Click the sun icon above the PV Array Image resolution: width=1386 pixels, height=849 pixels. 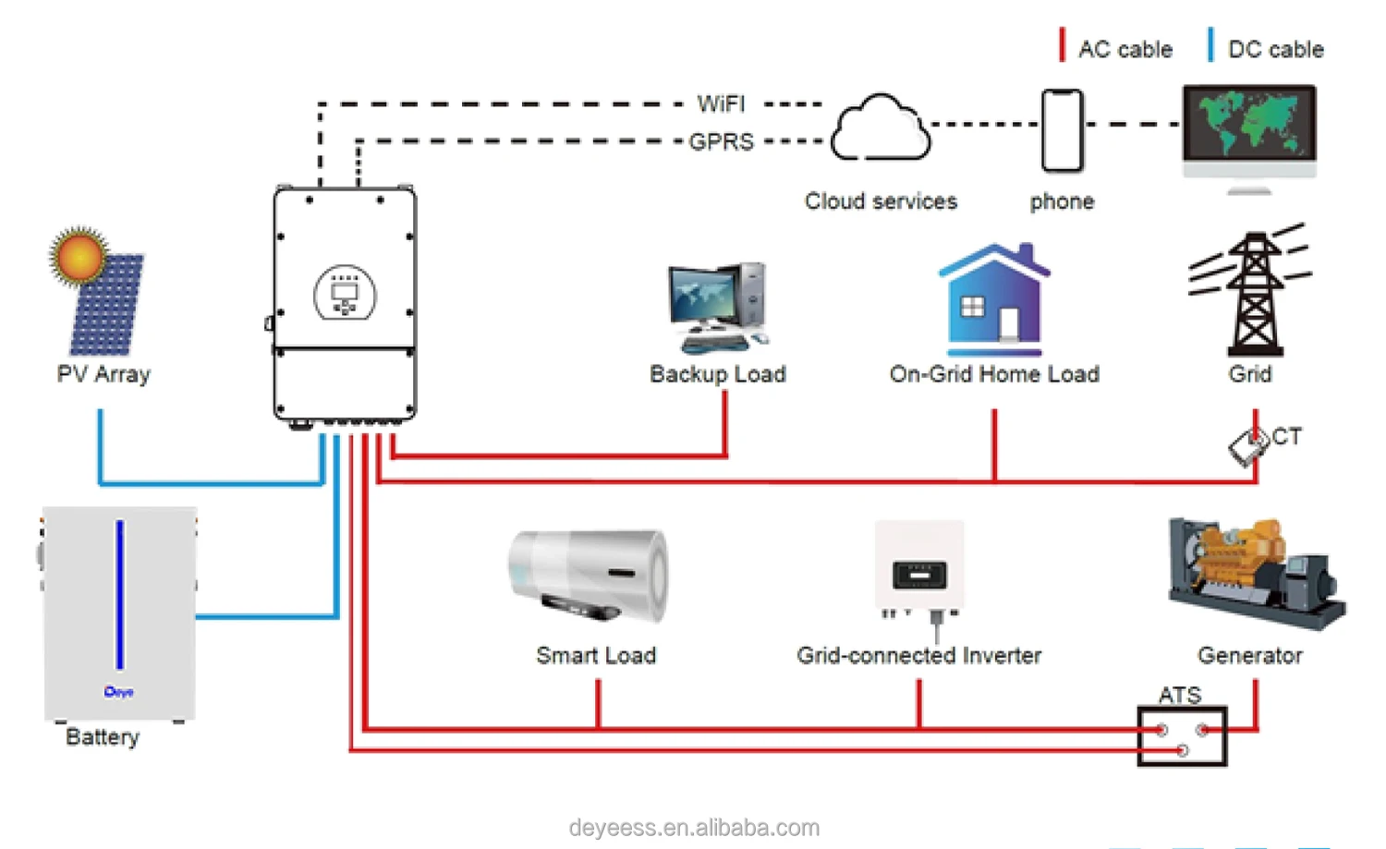79,255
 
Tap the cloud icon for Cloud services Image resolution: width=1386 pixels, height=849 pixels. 881,129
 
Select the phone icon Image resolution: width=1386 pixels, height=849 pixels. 1063,131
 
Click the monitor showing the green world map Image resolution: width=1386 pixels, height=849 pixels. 1249,124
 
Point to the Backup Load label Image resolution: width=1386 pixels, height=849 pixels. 717,374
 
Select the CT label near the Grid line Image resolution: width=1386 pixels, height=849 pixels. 1286,437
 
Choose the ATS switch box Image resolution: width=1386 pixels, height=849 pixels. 1182,736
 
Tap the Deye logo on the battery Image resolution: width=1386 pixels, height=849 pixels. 119,692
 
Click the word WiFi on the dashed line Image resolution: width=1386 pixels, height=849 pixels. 721,104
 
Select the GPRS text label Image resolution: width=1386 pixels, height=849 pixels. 721,142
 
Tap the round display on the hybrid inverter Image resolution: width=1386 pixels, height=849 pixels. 345,293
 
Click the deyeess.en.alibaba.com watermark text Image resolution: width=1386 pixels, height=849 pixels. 694,828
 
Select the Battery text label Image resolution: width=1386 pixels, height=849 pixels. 103,737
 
